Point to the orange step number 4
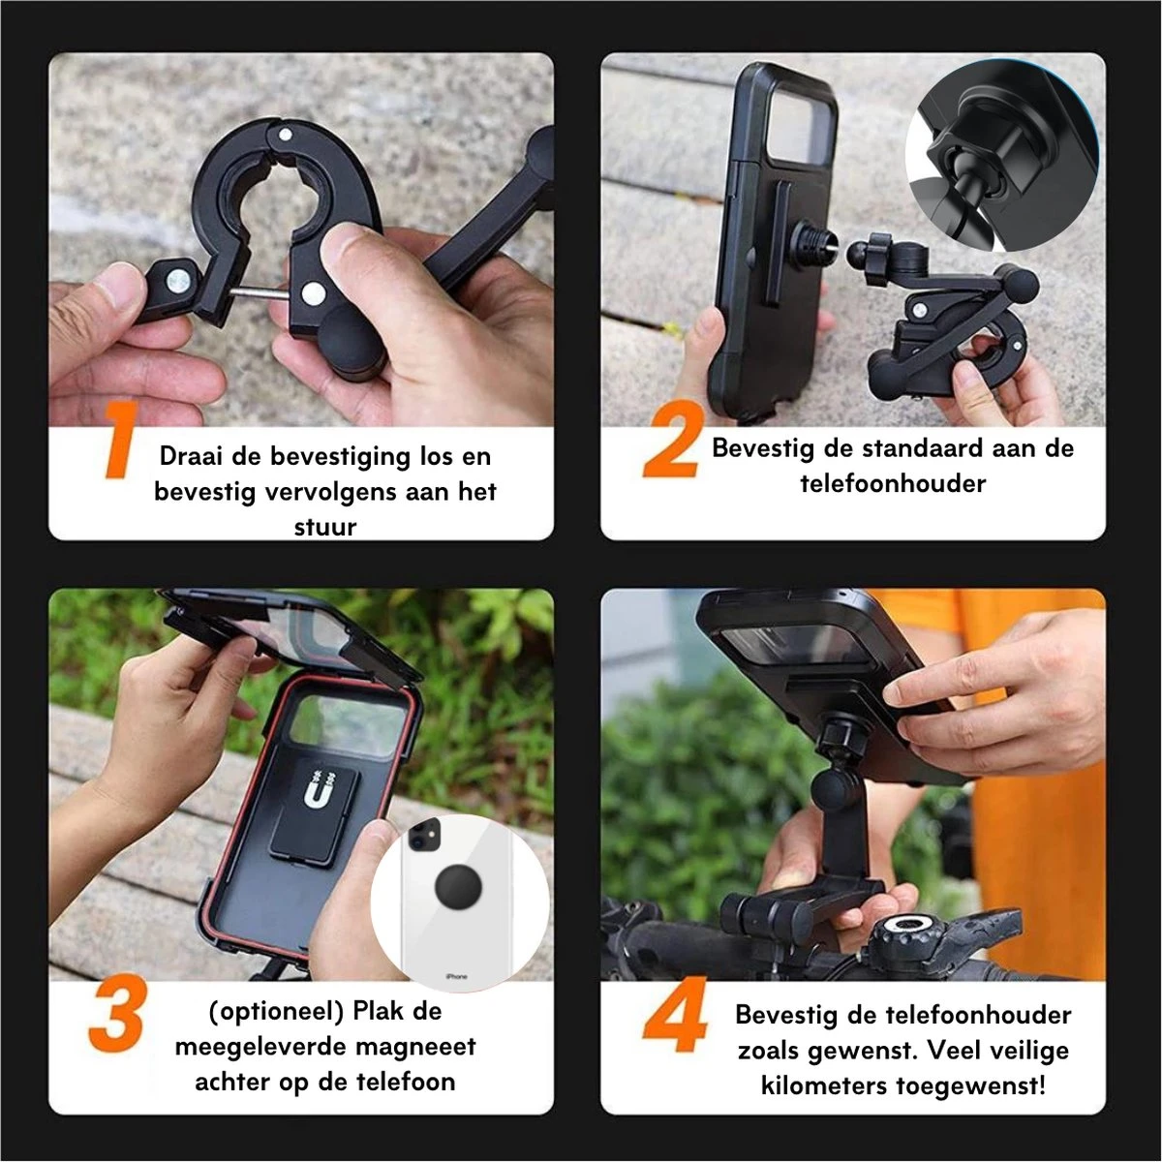(675, 1015)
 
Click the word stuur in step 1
(325, 527)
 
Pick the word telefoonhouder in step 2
(893, 483)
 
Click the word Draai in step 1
(192, 456)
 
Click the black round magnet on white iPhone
(458, 887)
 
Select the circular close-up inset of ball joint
(1001, 155)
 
